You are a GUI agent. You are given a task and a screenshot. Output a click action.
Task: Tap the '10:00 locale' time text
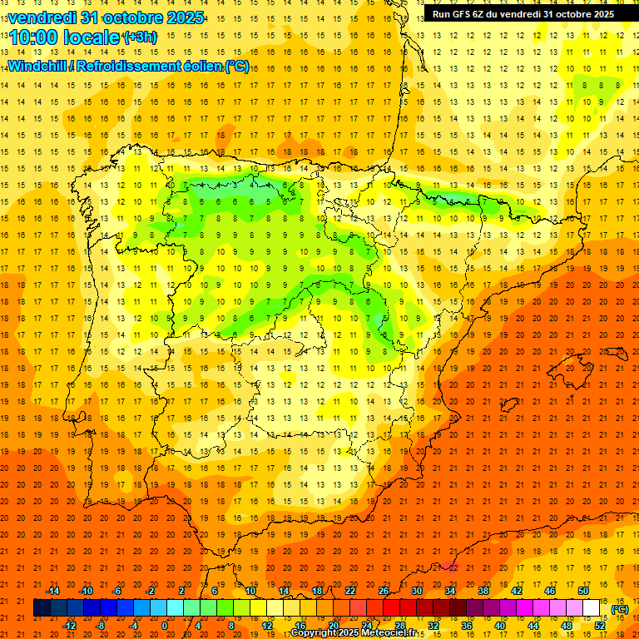coord(66,37)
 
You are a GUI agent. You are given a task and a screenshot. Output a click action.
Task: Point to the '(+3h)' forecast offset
coord(139,37)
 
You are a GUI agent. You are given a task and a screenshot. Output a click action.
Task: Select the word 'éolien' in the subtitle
coord(201,66)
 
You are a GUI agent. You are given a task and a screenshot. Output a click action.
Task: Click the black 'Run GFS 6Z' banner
coord(523,13)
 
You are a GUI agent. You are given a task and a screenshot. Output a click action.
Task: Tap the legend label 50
coord(583,590)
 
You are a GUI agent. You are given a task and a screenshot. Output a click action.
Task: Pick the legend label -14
coord(52,590)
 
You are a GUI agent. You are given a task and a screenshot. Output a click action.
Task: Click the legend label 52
coord(600,626)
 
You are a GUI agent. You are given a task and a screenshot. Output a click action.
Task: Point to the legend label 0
coord(165,626)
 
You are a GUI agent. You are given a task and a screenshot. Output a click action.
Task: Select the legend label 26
coord(384,590)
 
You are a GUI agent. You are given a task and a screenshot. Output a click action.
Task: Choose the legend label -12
coord(69,626)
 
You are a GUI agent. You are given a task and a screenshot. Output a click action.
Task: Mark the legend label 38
coord(483,590)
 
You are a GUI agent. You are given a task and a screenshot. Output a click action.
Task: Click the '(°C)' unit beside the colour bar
coord(620,609)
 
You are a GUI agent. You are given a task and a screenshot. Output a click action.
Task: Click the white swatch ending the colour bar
coord(592,608)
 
